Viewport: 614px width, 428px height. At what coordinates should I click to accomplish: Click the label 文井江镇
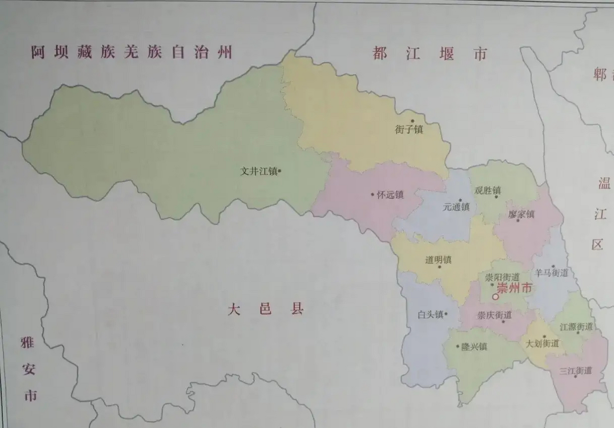click(259, 172)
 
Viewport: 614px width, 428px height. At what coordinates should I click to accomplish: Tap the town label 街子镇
click(409, 129)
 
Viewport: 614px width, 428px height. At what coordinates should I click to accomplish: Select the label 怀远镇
click(390, 195)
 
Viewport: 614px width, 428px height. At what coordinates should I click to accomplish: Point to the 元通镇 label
click(456, 207)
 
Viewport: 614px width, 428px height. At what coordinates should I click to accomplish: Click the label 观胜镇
click(487, 191)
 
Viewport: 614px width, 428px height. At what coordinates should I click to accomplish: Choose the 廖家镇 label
click(521, 214)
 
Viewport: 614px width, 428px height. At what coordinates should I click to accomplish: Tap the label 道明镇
click(438, 260)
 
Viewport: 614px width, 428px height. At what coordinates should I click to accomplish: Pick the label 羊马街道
click(551, 273)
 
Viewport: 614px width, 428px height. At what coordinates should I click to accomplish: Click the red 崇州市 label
click(514, 288)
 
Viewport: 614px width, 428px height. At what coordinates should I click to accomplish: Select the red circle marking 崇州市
click(495, 297)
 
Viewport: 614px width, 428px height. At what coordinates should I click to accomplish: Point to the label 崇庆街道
click(494, 315)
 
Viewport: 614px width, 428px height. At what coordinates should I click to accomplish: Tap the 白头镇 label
click(431, 314)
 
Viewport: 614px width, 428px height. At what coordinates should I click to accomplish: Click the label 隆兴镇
click(474, 347)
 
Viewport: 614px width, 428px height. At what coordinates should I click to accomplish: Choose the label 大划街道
click(542, 343)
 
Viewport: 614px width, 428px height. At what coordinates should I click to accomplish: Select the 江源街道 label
click(576, 327)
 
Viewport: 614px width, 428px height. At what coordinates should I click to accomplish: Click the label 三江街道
click(575, 370)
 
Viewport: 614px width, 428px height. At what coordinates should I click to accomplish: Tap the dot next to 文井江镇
click(280, 172)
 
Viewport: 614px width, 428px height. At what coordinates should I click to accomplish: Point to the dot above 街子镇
click(412, 121)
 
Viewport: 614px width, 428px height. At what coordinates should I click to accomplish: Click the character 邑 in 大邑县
click(265, 309)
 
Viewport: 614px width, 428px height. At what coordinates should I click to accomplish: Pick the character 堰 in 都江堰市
click(447, 54)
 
